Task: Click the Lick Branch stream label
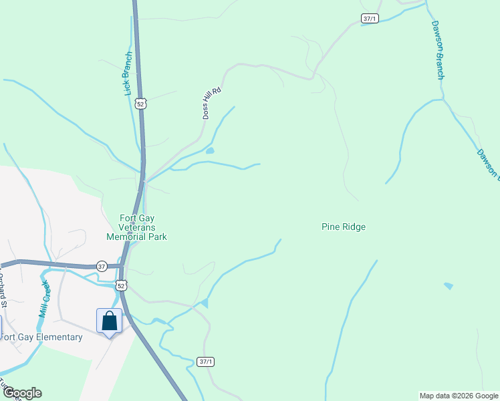click(129, 74)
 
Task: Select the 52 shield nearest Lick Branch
click(140, 104)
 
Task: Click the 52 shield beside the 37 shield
click(120, 285)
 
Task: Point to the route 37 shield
click(102, 265)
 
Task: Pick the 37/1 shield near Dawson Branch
click(370, 19)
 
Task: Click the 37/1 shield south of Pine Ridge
click(207, 362)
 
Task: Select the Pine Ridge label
click(344, 227)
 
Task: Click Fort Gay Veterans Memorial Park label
click(137, 227)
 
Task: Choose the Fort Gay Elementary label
click(41, 337)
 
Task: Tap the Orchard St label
click(3, 289)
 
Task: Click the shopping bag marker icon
click(110, 321)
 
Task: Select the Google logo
click(22, 393)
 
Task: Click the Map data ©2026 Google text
click(459, 396)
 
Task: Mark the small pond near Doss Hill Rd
click(210, 151)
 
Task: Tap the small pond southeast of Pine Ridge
click(448, 286)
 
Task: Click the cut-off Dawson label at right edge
click(489, 164)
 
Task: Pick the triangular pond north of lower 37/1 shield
click(204, 303)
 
